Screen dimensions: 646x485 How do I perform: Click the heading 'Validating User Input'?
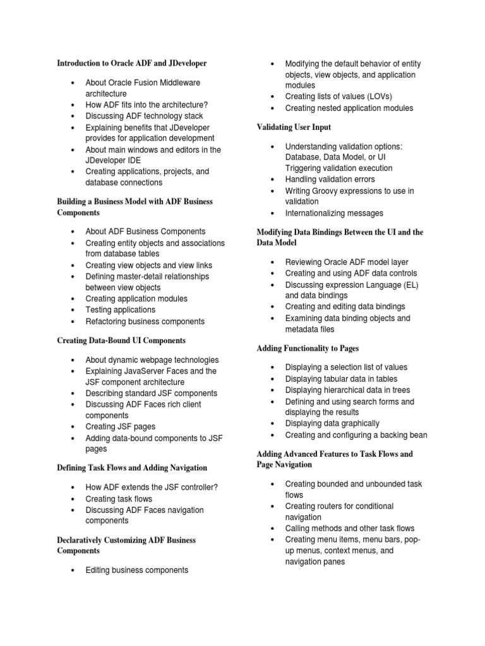coord(294,127)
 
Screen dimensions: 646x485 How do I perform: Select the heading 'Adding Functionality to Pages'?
coord(308,348)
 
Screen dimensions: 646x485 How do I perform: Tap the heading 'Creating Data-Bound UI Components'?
coord(121,340)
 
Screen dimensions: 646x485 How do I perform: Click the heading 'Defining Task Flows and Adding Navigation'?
coord(132,467)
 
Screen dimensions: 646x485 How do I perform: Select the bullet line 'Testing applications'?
coord(120,310)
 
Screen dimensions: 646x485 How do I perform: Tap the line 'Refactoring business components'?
coord(145,321)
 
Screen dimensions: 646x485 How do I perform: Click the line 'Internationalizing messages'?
coord(334,213)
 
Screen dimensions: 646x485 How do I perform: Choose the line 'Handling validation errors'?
coord(330,179)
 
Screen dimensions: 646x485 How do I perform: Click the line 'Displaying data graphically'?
coord(332,423)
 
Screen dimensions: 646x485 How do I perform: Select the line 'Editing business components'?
coord(137,570)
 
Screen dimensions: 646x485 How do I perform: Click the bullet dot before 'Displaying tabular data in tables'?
coord(273,379)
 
